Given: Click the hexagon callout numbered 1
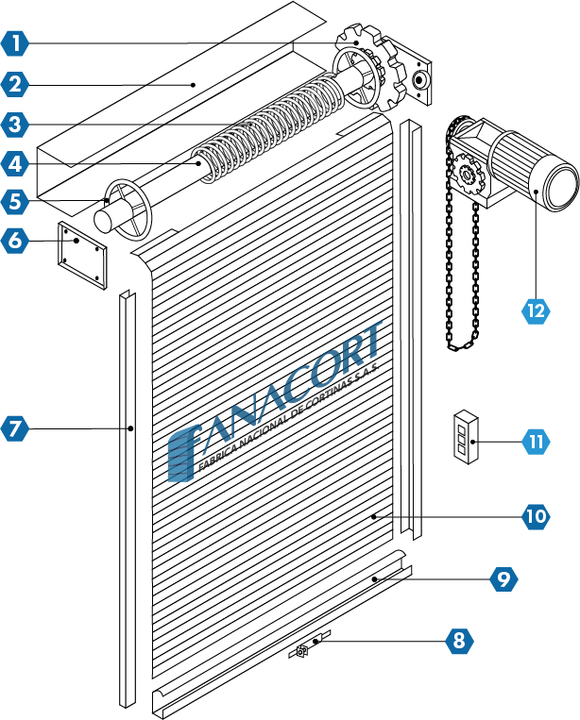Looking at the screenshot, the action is tap(15, 43).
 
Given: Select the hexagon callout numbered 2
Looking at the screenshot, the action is tap(15, 85).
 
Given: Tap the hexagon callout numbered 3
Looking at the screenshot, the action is tap(15, 125).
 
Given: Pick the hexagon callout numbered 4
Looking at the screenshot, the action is tap(15, 163).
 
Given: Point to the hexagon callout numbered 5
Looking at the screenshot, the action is tap(15, 202).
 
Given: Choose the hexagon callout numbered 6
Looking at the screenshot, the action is tap(15, 240).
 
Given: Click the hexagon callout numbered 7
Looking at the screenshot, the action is tap(15, 428).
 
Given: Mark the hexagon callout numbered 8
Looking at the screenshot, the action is tap(459, 640).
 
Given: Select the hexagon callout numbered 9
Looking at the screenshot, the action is tap(503, 578).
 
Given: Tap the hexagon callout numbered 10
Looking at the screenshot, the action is tap(536, 516).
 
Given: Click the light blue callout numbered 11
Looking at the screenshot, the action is tap(536, 442).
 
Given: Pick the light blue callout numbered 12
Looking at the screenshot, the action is tap(536, 311).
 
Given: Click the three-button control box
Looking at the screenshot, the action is tap(466, 437).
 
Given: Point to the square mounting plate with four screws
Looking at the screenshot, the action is tap(82, 255).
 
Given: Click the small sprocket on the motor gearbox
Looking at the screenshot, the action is tap(468, 175).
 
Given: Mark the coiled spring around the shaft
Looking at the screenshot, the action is tap(269, 127).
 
